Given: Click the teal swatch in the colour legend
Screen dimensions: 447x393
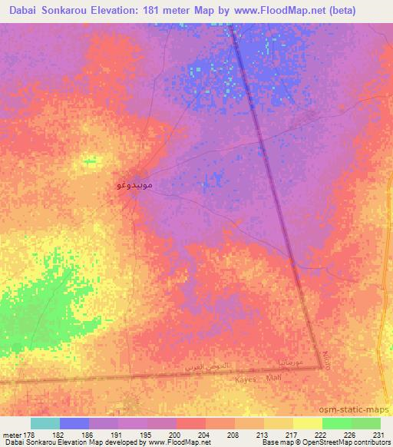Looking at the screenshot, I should [45, 423].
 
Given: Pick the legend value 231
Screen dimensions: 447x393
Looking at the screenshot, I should [379, 434].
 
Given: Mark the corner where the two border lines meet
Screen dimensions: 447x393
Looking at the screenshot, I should [321, 368].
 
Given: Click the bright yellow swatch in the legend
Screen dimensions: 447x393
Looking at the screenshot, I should [307, 423].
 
